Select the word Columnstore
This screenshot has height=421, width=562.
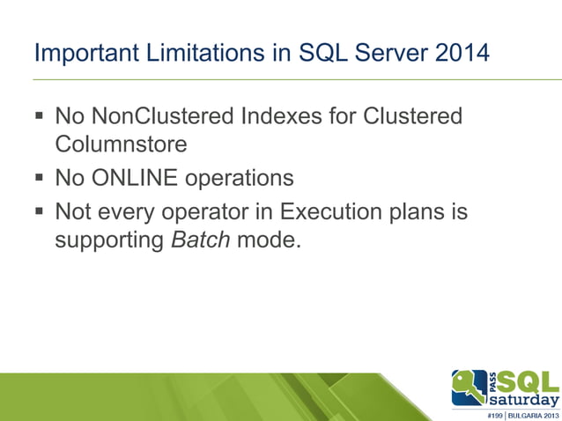(121, 143)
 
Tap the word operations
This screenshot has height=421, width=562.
(240, 179)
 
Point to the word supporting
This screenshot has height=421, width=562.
(109, 240)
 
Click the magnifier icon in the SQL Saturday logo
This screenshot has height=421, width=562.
(467, 387)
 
